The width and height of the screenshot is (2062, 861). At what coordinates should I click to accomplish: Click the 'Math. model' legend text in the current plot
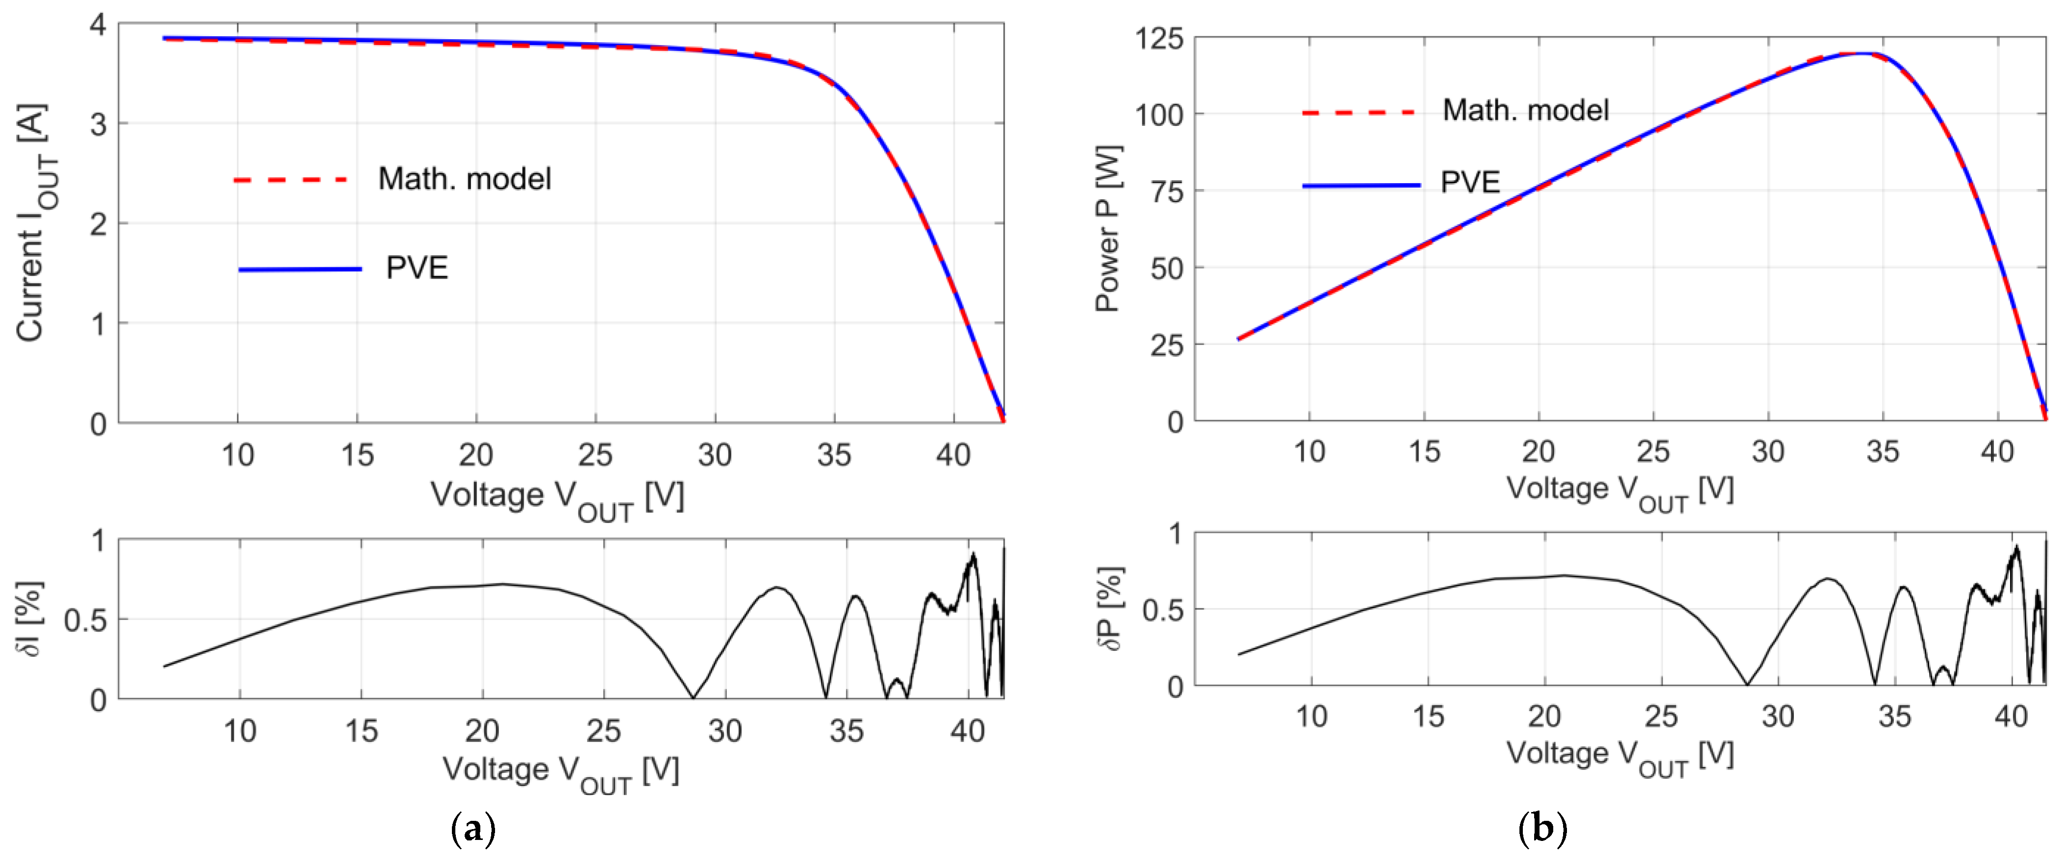tap(464, 178)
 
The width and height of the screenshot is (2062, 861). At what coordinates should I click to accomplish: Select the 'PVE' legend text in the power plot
tap(1469, 183)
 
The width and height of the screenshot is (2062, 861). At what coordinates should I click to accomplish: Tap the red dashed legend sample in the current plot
tap(290, 180)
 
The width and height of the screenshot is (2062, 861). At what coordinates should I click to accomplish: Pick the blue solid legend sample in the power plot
tap(1361, 186)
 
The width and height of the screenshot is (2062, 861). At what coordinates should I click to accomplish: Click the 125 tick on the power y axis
tap(1158, 38)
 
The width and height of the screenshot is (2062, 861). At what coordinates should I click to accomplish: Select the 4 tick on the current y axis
tap(98, 25)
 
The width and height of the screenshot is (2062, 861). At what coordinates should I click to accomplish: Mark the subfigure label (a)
tap(473, 829)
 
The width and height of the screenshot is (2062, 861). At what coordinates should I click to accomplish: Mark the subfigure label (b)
tap(1541, 829)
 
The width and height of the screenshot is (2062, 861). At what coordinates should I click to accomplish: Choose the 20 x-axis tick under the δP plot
tap(1544, 716)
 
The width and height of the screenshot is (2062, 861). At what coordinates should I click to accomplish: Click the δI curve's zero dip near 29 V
tap(693, 697)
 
